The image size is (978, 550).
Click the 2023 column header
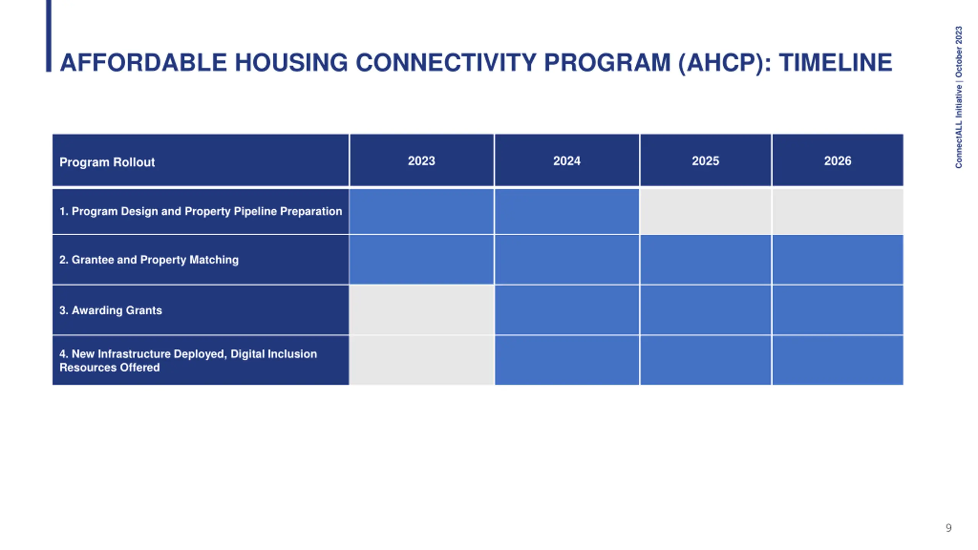click(421, 160)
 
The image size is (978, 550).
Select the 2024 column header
click(567, 160)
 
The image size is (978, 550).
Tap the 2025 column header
click(706, 160)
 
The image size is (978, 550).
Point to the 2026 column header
click(838, 160)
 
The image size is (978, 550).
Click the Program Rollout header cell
click(201, 160)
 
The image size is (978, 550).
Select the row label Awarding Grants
click(110, 310)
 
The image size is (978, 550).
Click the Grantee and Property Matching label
click(149, 260)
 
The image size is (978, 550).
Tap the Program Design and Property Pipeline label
click(201, 211)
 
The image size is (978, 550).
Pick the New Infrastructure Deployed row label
click(188, 361)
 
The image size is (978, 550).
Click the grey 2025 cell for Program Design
click(706, 211)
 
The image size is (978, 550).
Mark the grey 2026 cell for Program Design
click(838, 211)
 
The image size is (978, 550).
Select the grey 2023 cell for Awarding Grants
click(421, 310)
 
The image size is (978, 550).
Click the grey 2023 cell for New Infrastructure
click(421, 360)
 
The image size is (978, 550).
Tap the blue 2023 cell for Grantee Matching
click(421, 260)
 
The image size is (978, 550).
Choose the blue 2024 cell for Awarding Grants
click(567, 310)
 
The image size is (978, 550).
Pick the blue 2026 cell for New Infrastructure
click(838, 360)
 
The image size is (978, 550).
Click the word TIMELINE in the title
click(836, 63)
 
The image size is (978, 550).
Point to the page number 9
click(949, 528)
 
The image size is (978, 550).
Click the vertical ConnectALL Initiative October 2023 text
click(959, 97)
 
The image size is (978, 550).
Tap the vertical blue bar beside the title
click(49, 36)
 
